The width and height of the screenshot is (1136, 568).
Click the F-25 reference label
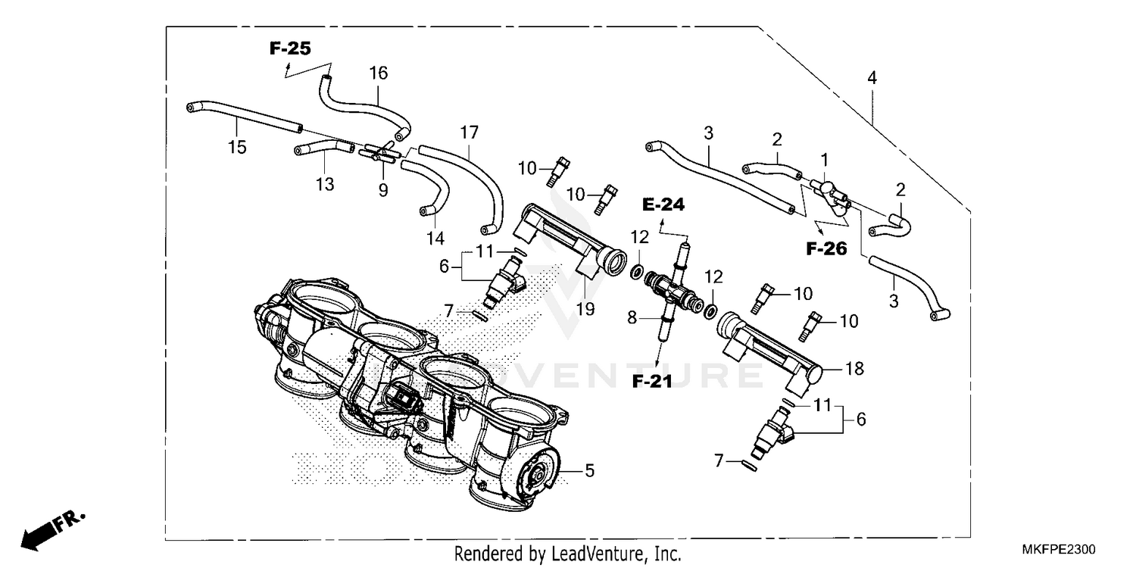click(x=290, y=49)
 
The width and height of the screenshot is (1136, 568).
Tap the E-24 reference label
click(x=663, y=204)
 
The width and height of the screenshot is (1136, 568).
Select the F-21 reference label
click(x=652, y=382)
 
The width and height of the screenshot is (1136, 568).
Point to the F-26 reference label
click(x=825, y=248)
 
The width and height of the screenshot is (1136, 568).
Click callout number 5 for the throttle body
click(x=588, y=471)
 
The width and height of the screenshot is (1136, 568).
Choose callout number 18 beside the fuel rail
click(x=854, y=369)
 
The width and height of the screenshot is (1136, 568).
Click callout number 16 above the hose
click(x=378, y=73)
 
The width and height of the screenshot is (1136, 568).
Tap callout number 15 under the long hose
click(x=237, y=147)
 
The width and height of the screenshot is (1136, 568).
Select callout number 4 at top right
click(x=872, y=77)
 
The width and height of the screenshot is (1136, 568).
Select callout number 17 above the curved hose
click(x=469, y=133)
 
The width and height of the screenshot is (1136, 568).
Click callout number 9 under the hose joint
click(x=383, y=191)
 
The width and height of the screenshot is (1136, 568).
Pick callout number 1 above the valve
click(x=825, y=160)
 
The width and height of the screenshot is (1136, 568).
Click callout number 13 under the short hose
click(x=325, y=184)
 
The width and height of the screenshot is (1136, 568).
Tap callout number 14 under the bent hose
click(x=435, y=238)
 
